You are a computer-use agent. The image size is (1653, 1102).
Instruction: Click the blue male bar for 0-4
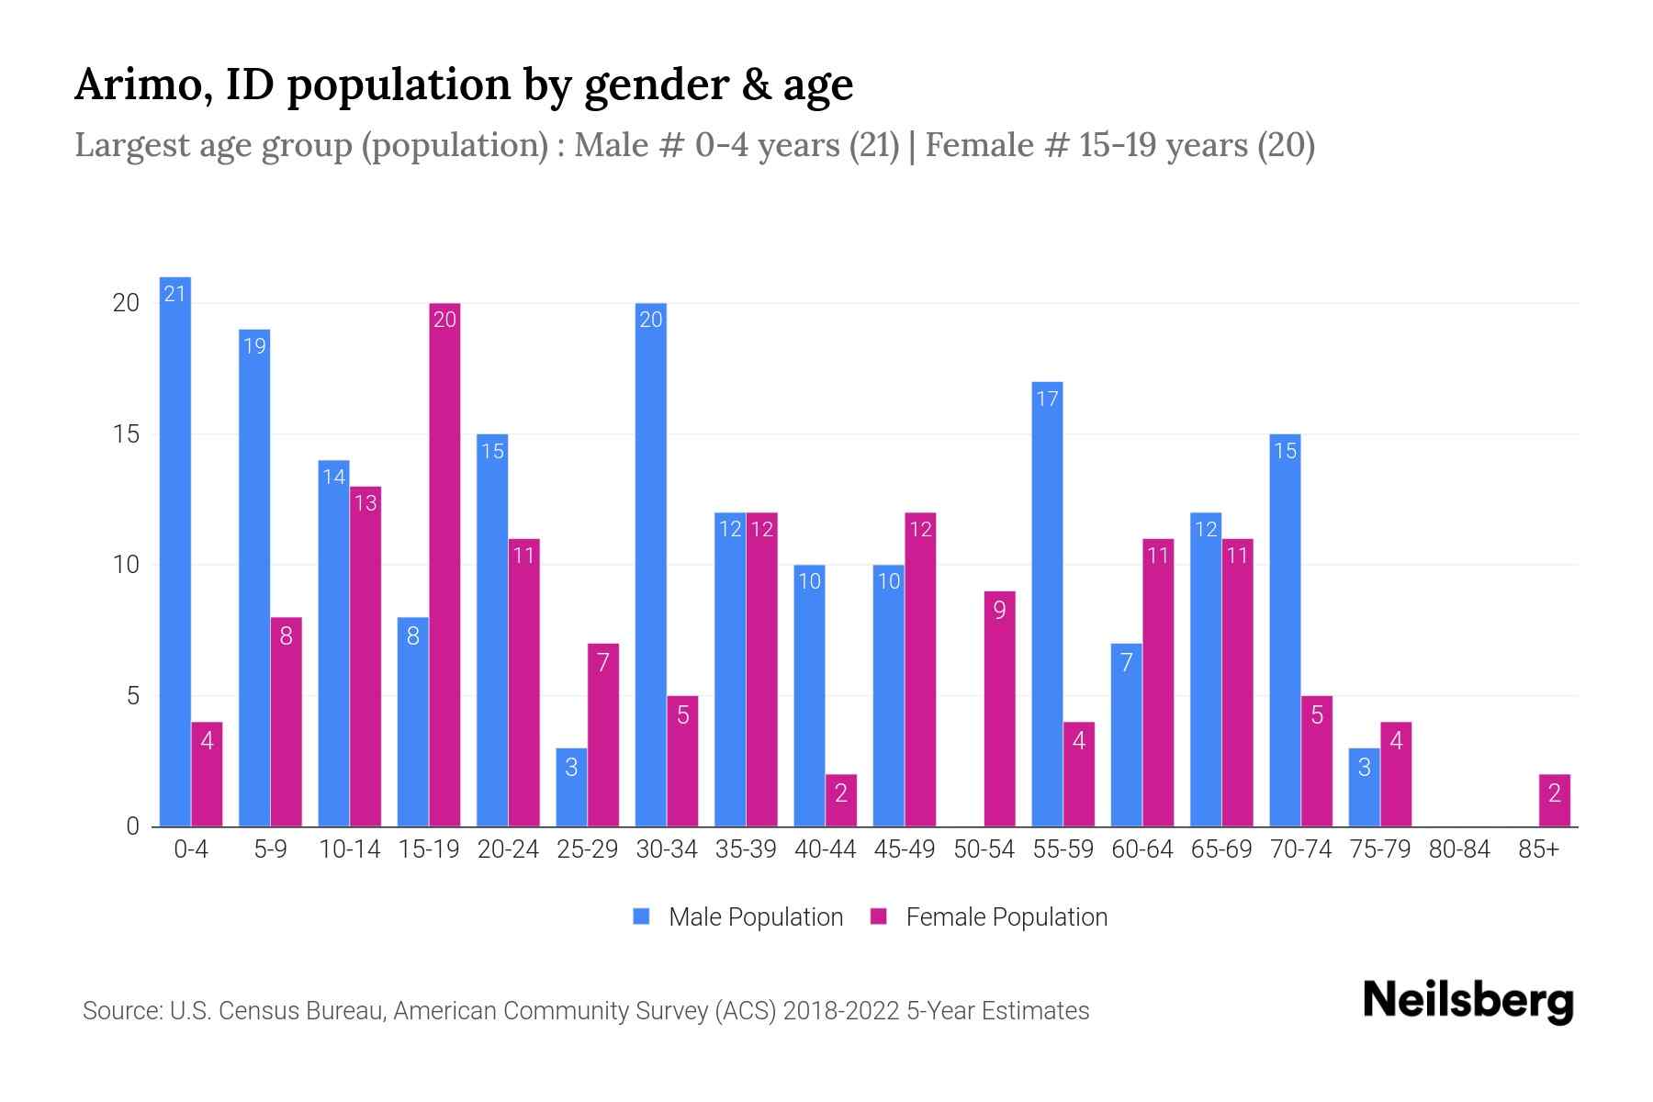coord(174,551)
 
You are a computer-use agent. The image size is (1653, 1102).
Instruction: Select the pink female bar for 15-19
coord(444,565)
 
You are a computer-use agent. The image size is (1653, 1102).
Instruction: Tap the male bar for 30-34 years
coord(650,565)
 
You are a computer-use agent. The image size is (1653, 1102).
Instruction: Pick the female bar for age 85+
coord(1554,801)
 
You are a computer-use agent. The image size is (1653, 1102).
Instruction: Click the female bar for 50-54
coord(999,709)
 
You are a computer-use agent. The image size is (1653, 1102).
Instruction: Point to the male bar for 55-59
coord(1047,604)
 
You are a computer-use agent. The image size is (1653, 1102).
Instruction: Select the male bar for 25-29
coord(571,788)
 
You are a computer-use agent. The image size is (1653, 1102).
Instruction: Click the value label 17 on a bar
coord(1047,399)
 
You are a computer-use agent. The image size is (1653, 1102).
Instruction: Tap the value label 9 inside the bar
coord(999,610)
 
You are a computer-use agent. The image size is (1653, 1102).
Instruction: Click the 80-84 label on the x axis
coord(1458,849)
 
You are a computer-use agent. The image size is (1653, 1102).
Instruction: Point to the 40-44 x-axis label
coord(825,849)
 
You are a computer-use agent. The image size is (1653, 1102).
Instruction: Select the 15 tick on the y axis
coord(126,434)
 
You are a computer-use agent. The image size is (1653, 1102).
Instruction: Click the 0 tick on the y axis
coord(133,826)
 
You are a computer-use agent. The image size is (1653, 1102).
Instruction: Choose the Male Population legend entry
coord(738,916)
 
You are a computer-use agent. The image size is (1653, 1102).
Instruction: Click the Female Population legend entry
coord(989,916)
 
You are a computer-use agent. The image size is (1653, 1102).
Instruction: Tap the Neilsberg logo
coord(1467,1001)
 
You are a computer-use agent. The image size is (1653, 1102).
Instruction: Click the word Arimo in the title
coord(139,84)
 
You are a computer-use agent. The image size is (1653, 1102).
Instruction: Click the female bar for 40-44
coord(840,801)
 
